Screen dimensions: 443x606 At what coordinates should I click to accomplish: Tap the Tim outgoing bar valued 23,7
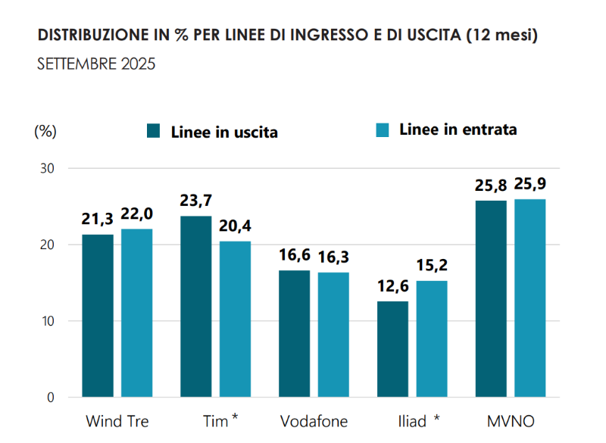coord(195,307)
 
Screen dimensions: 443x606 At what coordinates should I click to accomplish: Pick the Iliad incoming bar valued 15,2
coord(431,339)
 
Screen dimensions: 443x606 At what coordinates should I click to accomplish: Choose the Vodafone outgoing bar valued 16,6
coord(294,333)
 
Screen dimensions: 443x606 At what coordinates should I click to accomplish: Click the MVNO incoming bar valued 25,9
coord(529,298)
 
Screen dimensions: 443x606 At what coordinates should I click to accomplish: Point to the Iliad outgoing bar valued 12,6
coord(392,349)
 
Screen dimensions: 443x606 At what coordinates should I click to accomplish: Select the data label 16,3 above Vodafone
coord(333,258)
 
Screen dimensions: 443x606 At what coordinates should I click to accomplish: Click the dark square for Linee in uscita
coord(154,131)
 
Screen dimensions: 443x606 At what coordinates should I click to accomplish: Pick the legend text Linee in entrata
coord(458,129)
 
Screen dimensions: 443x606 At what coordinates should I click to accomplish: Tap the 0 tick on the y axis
coord(51,398)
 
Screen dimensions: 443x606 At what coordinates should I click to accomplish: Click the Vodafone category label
coord(314,421)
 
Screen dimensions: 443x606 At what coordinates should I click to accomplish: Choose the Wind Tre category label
coord(117,421)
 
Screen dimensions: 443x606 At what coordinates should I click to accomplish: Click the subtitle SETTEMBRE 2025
coord(96,64)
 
